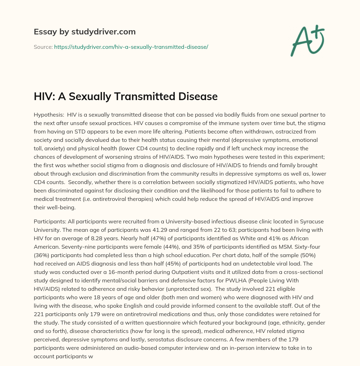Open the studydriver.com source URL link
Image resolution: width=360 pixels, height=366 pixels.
(131, 47)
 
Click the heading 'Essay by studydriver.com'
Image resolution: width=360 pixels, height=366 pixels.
(85, 32)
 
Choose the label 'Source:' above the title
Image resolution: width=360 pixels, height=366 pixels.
(43, 47)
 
